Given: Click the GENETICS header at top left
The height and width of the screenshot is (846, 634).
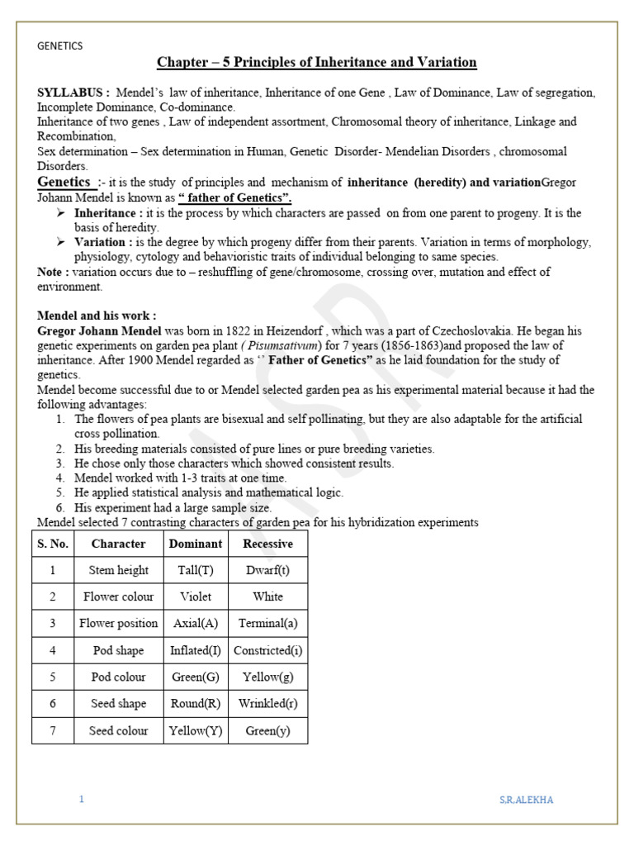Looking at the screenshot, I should (60, 46).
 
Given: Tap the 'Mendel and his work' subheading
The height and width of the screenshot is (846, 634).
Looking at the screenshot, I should (97, 316).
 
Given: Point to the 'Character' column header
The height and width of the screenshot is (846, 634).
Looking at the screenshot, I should (118, 544).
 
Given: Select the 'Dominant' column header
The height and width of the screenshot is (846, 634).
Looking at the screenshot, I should (196, 544).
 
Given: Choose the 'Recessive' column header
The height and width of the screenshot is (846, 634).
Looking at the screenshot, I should (267, 544).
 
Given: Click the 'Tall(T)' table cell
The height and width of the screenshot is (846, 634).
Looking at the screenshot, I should (196, 570).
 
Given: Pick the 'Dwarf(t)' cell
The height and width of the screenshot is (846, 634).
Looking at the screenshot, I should (267, 570).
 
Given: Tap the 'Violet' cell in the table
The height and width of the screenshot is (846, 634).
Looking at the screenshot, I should (196, 596).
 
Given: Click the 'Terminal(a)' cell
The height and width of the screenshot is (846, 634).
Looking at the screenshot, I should (267, 623).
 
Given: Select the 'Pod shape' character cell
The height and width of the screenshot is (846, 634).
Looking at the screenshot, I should (118, 650).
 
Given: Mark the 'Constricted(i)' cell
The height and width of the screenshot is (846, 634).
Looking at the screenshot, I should (267, 650).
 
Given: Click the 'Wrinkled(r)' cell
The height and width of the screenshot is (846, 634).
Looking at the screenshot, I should (267, 703).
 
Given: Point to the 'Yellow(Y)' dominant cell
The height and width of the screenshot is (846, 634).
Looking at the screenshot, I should (196, 730).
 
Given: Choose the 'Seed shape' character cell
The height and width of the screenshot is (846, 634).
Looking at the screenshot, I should (118, 703).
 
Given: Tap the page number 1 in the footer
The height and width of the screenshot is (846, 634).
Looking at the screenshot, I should (82, 800).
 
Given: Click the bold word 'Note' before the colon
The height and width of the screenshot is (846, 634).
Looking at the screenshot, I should (52, 272).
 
